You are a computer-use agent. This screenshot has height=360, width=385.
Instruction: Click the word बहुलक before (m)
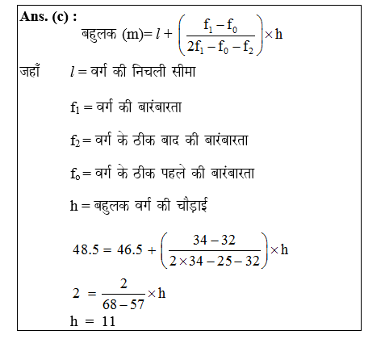click(98, 36)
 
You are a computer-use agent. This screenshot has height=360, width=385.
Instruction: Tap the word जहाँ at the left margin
click(31, 73)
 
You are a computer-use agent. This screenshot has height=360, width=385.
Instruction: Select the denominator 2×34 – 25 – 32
click(217, 262)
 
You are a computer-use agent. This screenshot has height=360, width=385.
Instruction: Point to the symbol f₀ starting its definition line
click(77, 174)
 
